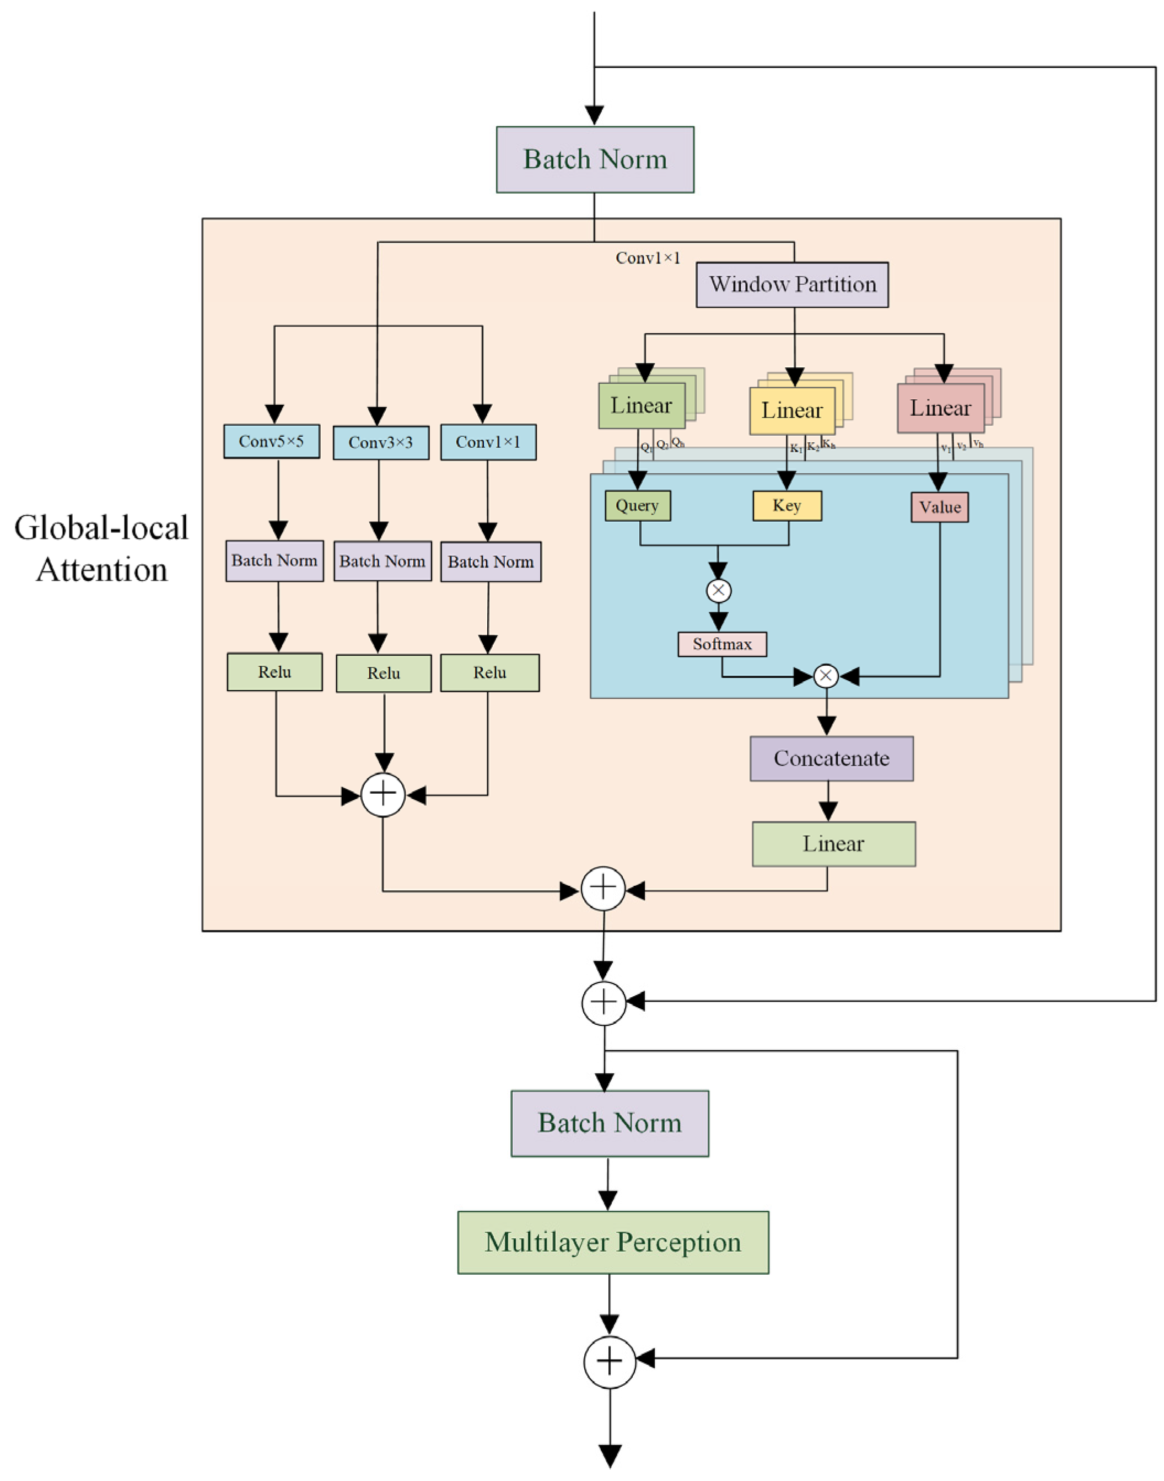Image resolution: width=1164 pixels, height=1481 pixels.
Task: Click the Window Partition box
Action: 792,284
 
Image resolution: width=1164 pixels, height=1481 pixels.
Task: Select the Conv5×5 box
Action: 271,441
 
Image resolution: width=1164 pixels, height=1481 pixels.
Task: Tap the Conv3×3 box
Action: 381,442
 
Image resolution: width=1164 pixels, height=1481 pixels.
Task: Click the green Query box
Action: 637,505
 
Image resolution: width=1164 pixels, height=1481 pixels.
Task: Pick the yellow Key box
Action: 786,505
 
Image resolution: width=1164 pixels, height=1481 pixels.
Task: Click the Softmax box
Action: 721,644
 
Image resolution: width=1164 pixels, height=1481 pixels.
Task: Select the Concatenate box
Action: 832,758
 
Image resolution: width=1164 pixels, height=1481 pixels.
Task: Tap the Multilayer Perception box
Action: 613,1242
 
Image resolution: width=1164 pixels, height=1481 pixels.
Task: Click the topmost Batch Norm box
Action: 595,159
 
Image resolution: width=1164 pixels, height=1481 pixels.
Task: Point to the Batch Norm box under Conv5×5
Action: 274,560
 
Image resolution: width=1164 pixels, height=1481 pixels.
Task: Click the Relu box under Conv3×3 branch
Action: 384,673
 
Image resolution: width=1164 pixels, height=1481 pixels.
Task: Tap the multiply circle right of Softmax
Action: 826,676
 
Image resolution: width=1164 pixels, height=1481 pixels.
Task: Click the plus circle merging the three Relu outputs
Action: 383,794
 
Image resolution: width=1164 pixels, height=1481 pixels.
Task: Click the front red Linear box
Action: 940,408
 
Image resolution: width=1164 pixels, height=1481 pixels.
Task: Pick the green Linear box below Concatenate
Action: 833,843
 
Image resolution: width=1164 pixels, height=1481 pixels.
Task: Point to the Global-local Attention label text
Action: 101,548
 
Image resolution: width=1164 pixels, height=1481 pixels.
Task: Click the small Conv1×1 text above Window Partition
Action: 648,258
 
